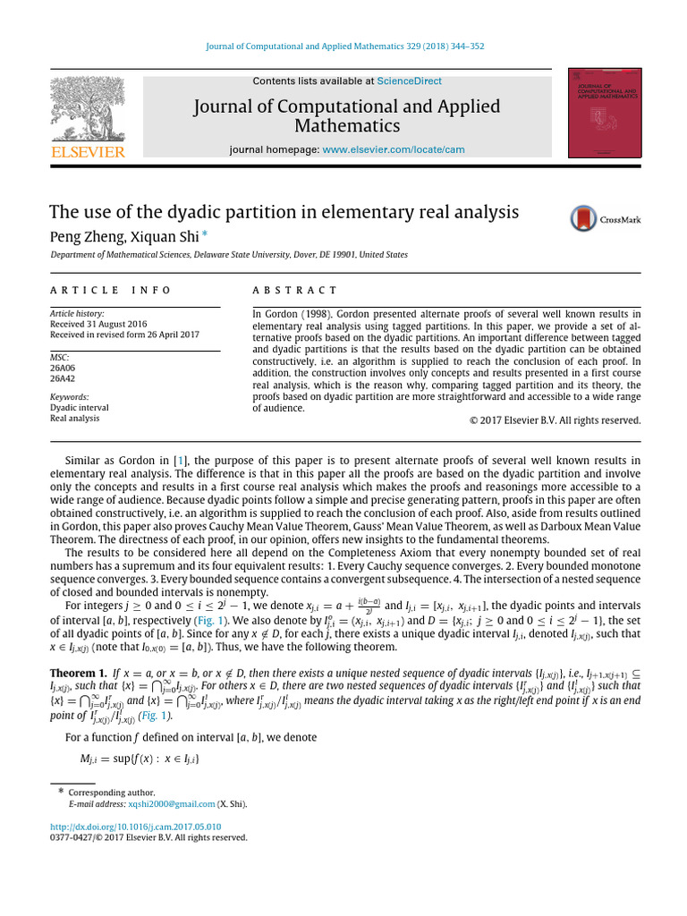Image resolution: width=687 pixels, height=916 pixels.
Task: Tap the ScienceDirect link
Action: (x=408, y=81)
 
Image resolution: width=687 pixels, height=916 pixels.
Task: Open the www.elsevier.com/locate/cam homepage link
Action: (x=393, y=149)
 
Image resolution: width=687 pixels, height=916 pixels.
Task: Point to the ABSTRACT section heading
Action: (x=295, y=290)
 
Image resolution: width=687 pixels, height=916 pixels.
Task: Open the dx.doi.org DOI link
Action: (x=135, y=827)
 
